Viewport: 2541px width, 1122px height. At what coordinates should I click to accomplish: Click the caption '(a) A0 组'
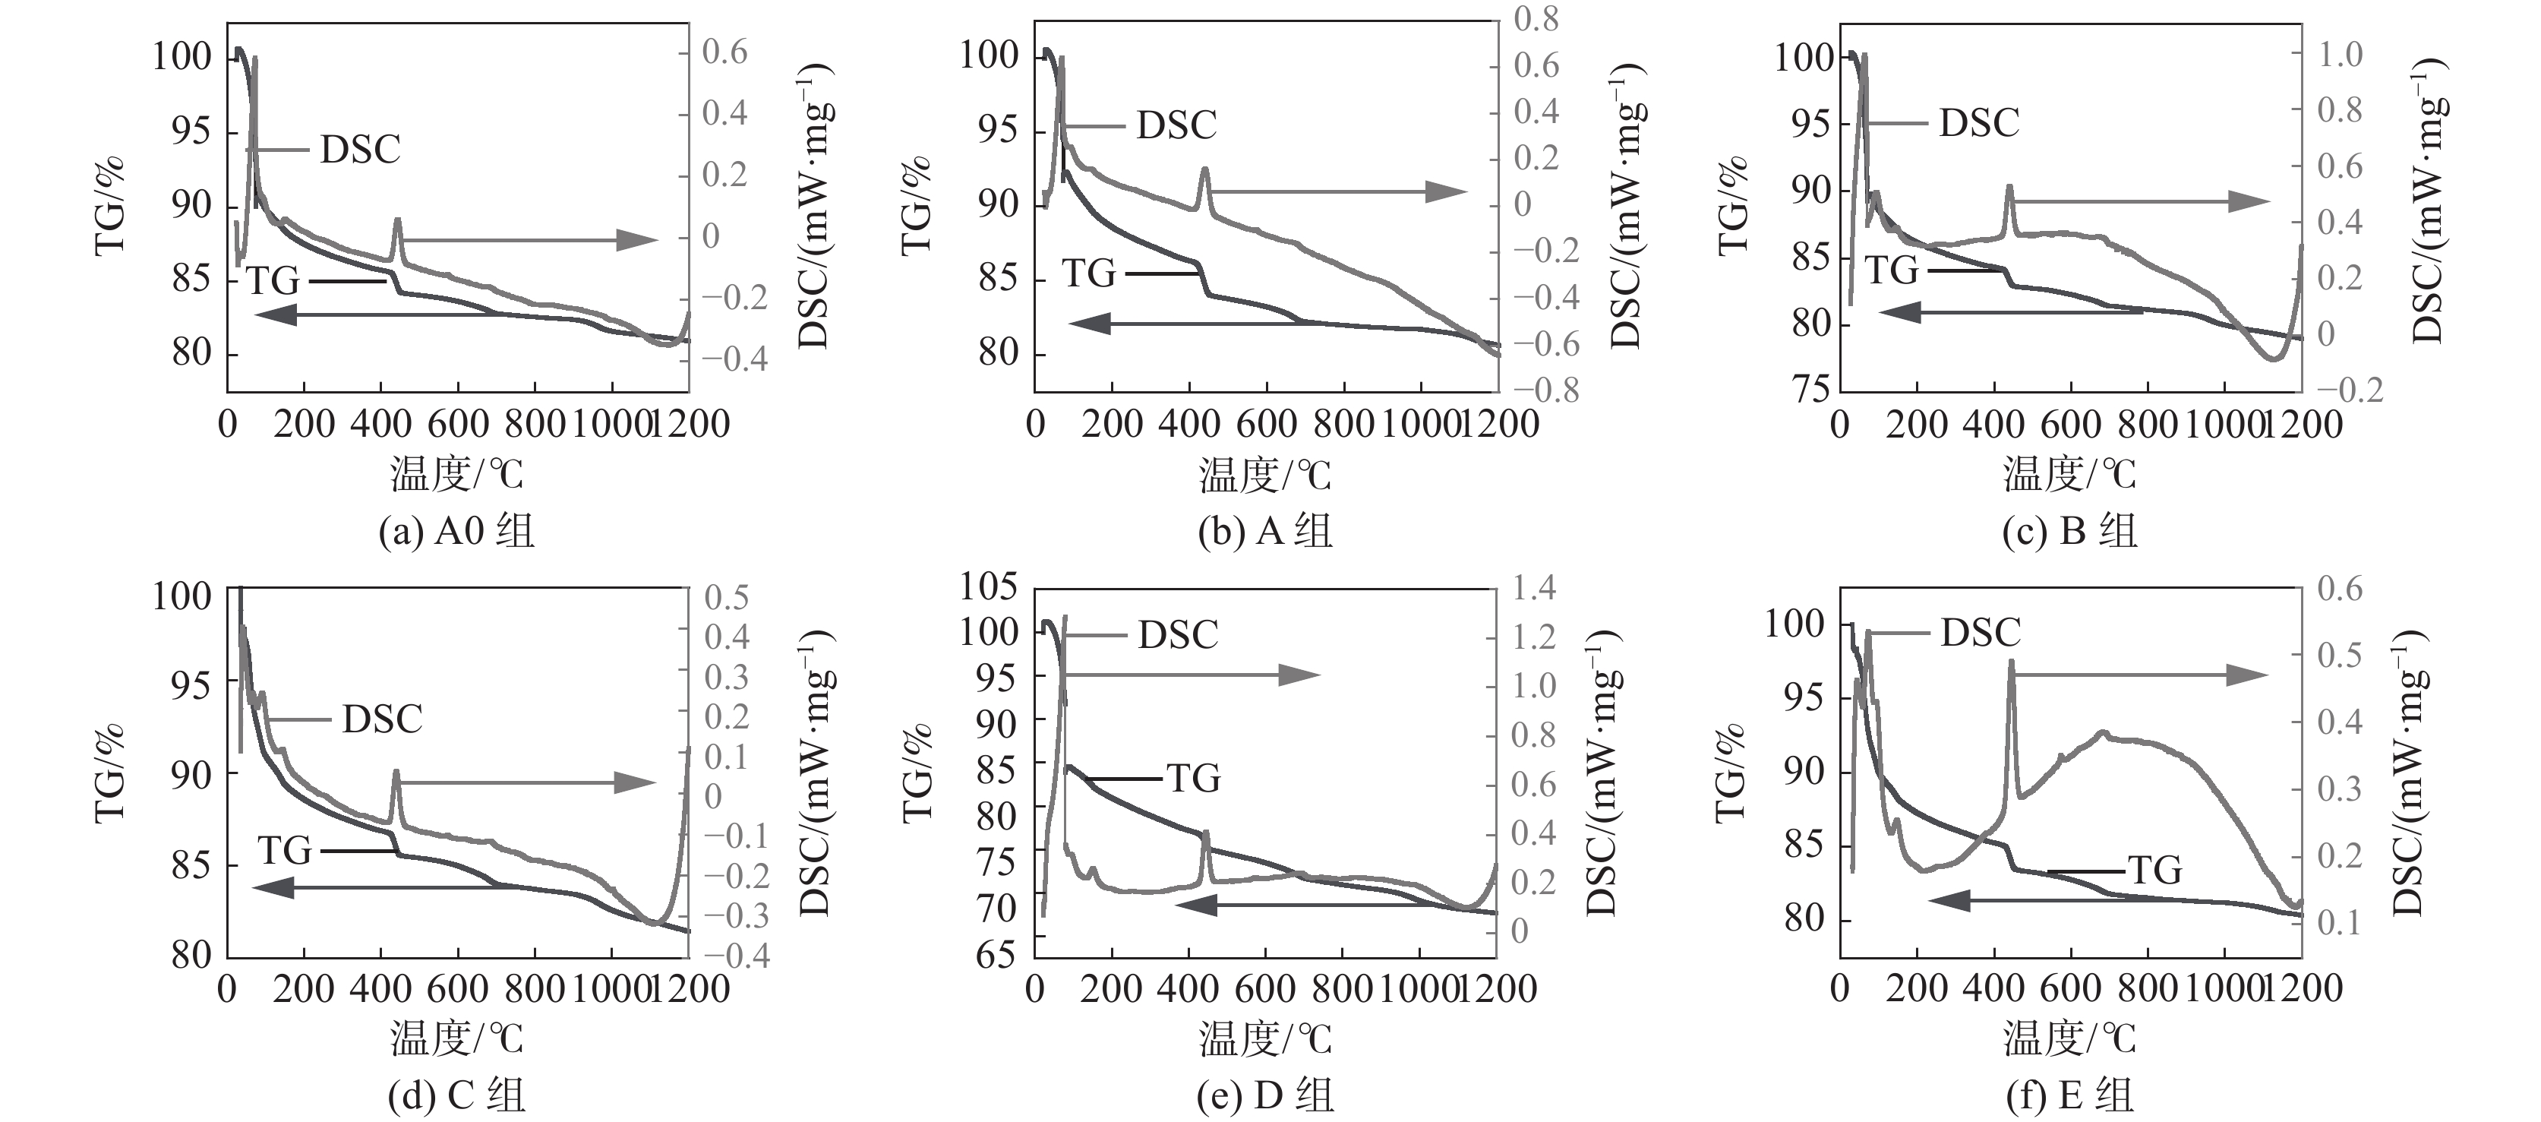pos(456,532)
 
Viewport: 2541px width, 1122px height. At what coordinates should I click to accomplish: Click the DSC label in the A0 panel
pos(360,150)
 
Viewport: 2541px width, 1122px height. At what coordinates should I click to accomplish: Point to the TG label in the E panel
pos(2155,871)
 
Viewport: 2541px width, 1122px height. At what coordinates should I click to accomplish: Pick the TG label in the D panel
pos(1195,779)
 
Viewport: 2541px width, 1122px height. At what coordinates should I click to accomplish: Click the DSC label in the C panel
pos(382,719)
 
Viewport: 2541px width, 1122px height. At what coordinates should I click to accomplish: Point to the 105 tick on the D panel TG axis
pos(989,586)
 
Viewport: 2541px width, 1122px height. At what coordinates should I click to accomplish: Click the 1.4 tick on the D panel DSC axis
pos(1534,588)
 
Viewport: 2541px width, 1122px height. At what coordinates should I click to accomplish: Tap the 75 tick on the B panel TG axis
pos(1811,389)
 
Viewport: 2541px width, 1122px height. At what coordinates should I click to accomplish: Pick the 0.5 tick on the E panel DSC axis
pos(2339,656)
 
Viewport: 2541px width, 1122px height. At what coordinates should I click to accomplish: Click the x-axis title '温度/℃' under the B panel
pos(2069,475)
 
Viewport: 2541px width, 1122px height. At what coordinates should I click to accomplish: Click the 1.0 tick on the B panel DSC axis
pos(2340,54)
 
